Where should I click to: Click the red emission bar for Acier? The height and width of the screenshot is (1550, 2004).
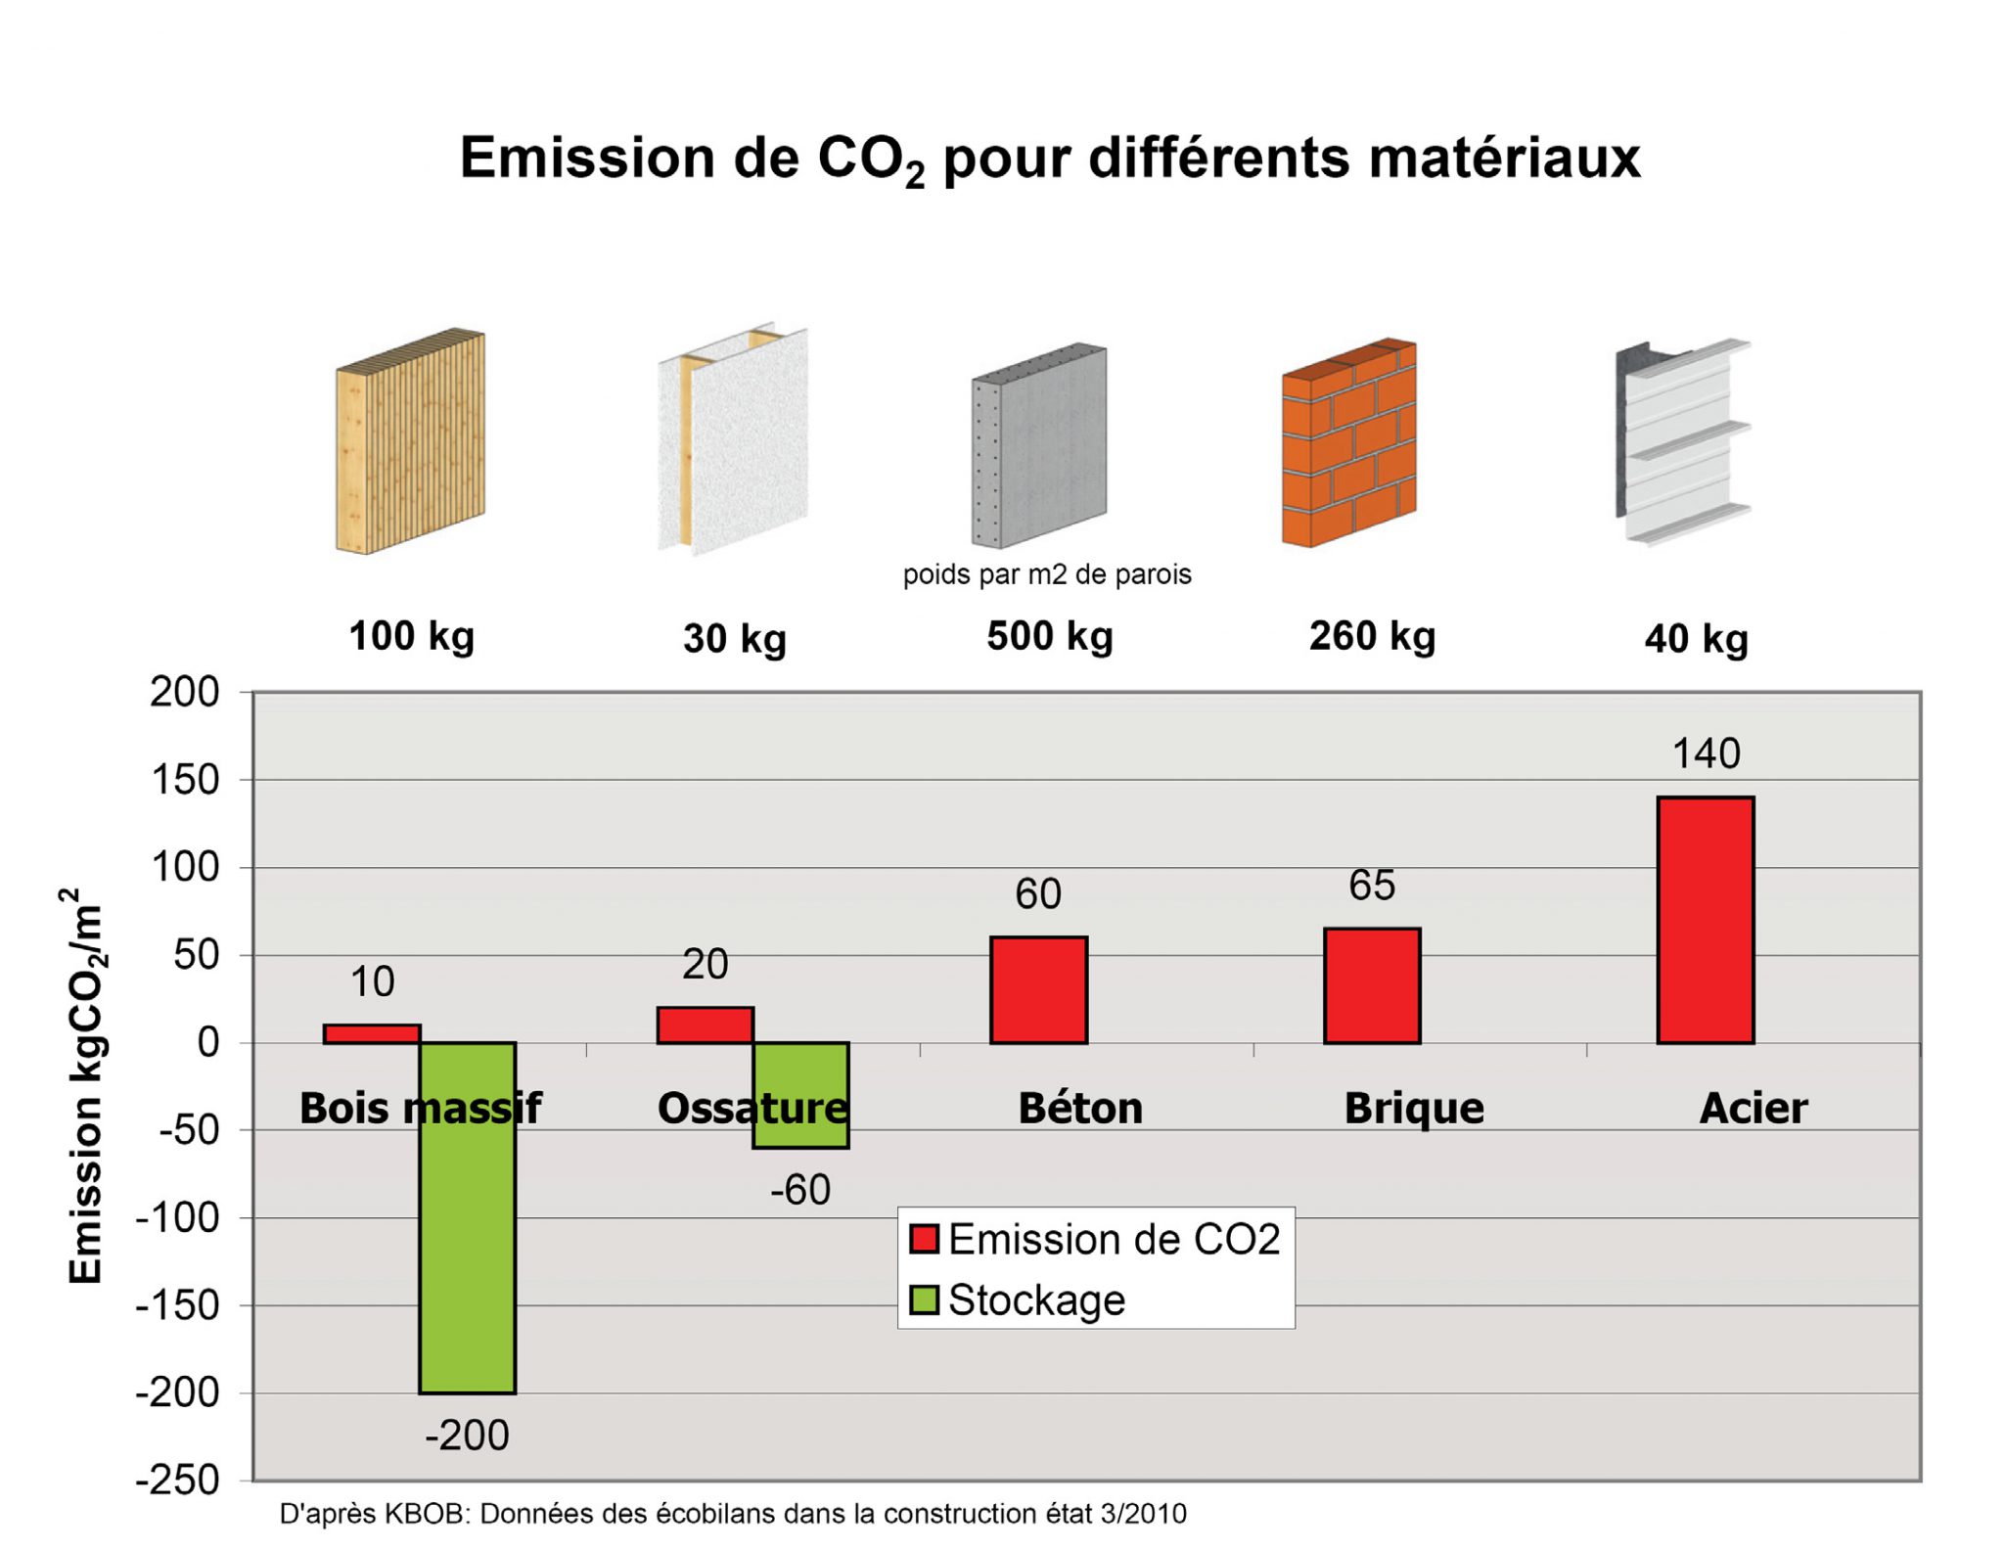(x=1705, y=920)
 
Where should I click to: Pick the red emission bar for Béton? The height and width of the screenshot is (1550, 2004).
(x=1038, y=989)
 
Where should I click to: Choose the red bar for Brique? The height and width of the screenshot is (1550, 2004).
(x=1372, y=985)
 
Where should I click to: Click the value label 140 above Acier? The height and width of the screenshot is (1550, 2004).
(x=1706, y=753)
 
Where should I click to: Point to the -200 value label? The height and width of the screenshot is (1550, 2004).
(x=467, y=1436)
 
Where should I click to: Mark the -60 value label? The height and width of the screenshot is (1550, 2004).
(x=800, y=1190)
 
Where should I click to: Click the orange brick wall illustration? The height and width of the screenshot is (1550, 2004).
(x=1349, y=442)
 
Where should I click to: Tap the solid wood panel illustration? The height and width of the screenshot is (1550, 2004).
(x=410, y=441)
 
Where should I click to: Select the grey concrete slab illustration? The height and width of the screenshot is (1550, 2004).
(x=1038, y=445)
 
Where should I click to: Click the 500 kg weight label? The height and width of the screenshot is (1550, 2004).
(x=1049, y=636)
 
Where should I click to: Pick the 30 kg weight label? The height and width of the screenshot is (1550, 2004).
(x=735, y=638)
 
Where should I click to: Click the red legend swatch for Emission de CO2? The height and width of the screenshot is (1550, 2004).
(x=924, y=1239)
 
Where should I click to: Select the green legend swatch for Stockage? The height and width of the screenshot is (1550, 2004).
(x=924, y=1299)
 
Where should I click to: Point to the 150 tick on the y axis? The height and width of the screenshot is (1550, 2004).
(x=185, y=780)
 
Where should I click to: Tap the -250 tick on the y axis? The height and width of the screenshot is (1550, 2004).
(x=177, y=1480)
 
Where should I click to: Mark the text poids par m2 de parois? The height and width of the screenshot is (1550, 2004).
(x=1046, y=574)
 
